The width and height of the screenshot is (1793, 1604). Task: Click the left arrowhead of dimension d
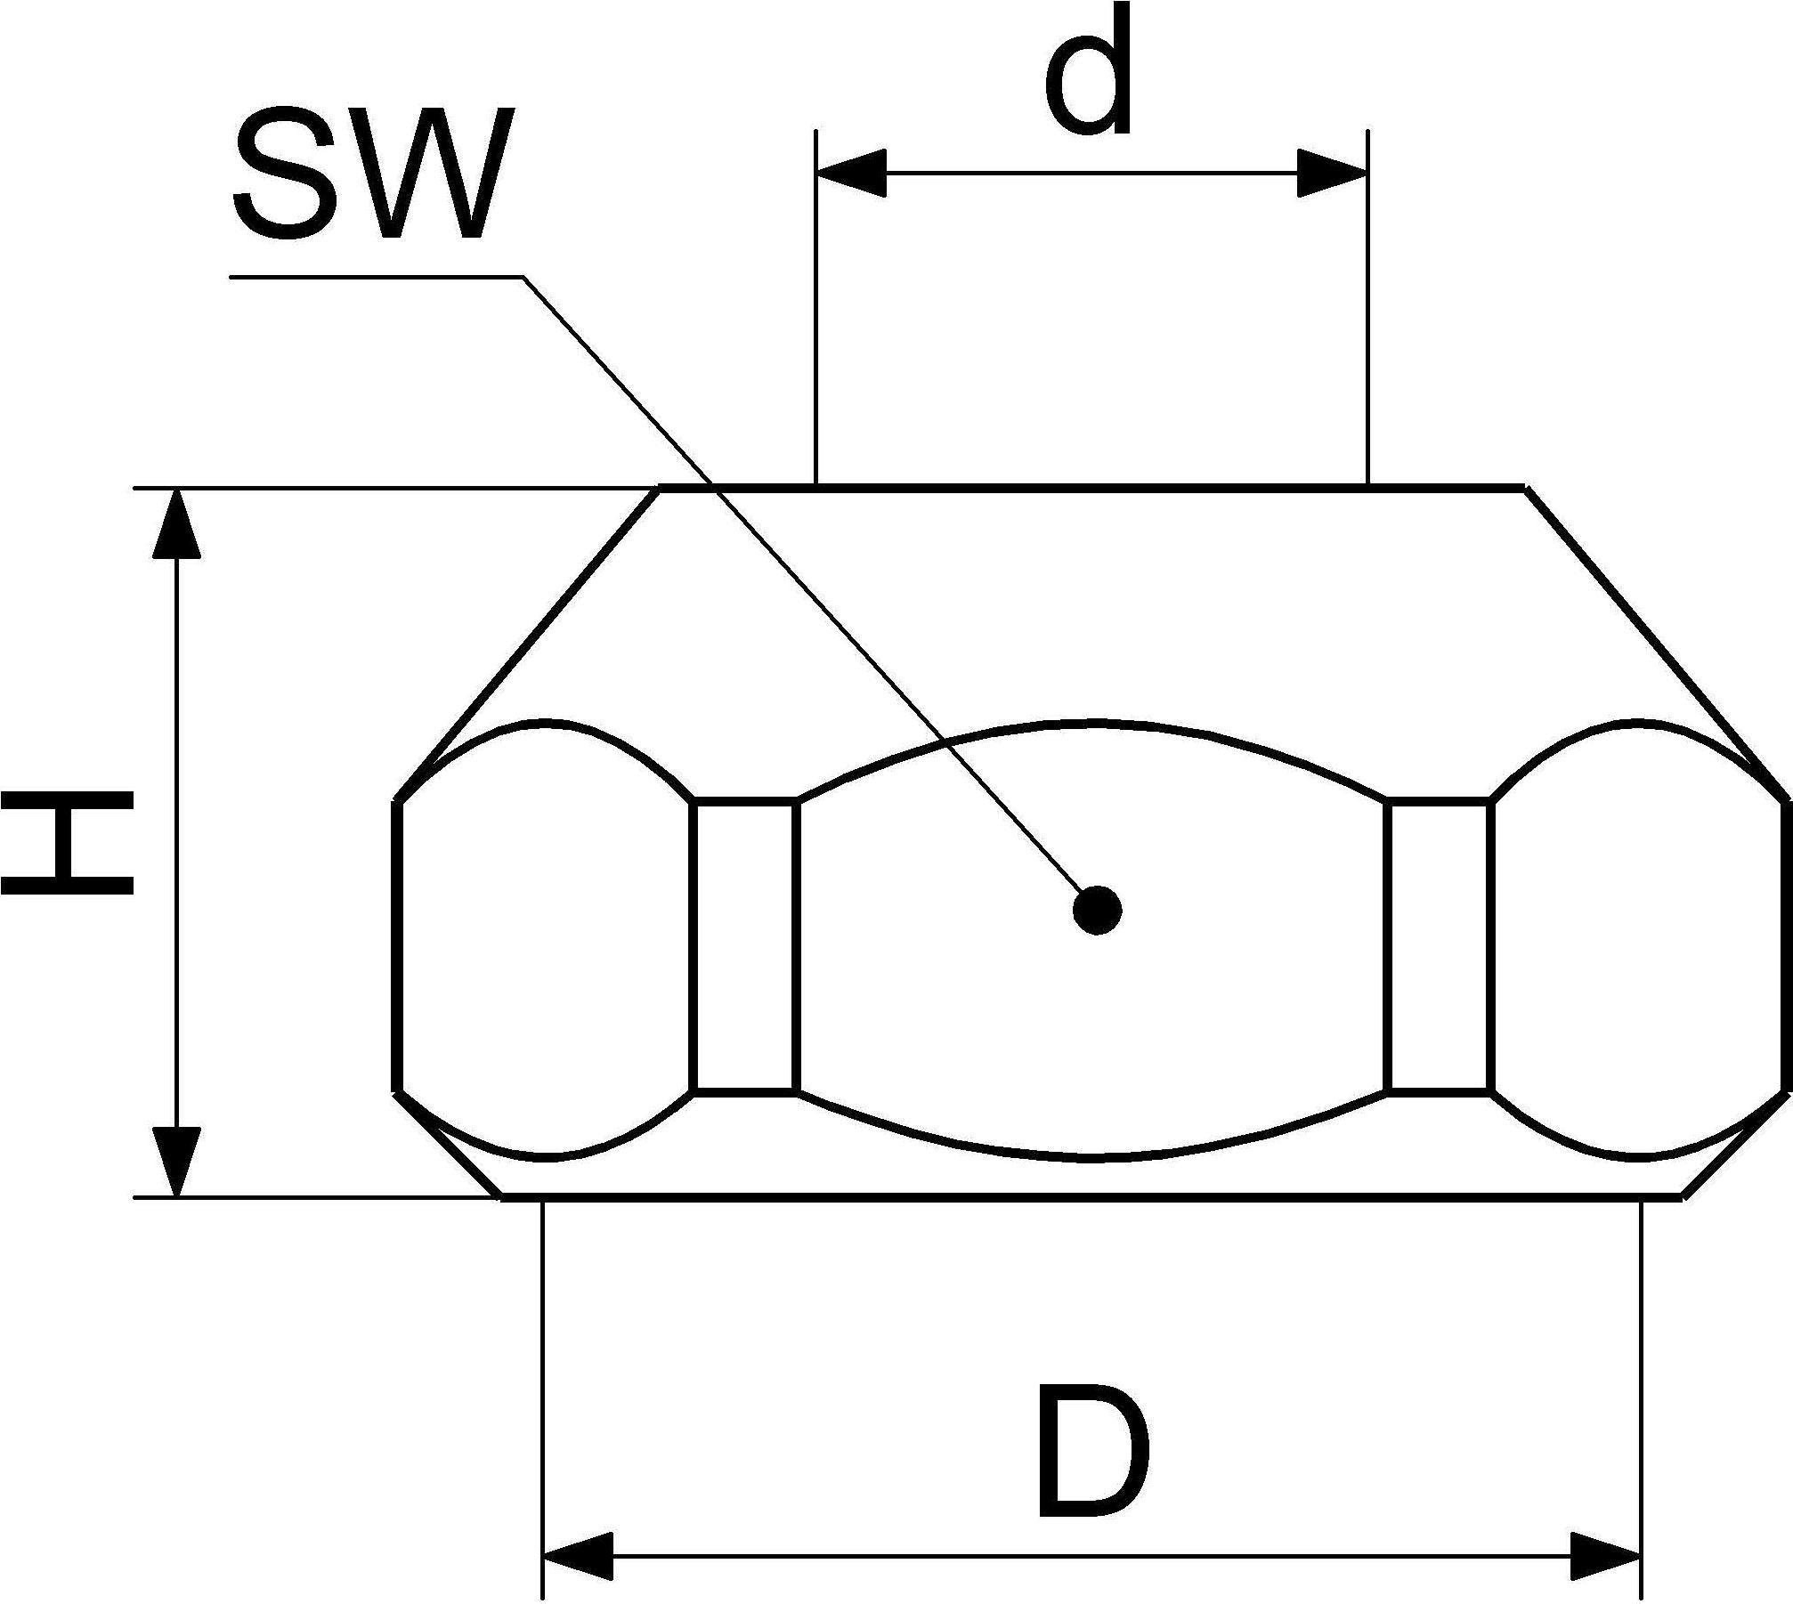coord(851,172)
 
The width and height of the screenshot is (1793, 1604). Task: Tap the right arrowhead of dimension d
coord(1332,172)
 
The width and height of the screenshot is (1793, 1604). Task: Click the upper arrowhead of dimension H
coord(176,523)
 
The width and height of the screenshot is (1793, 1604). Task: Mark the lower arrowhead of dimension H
coord(176,1162)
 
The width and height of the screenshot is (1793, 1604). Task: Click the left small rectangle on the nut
coord(743,946)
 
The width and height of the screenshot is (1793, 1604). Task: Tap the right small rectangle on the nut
coord(1439,946)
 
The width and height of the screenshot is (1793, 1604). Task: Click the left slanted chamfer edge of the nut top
coord(527,644)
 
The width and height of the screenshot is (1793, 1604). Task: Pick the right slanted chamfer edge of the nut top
coord(1656,644)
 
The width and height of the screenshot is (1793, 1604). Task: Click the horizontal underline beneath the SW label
coord(377,277)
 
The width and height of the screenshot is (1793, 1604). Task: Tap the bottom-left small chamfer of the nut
coord(447,1144)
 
